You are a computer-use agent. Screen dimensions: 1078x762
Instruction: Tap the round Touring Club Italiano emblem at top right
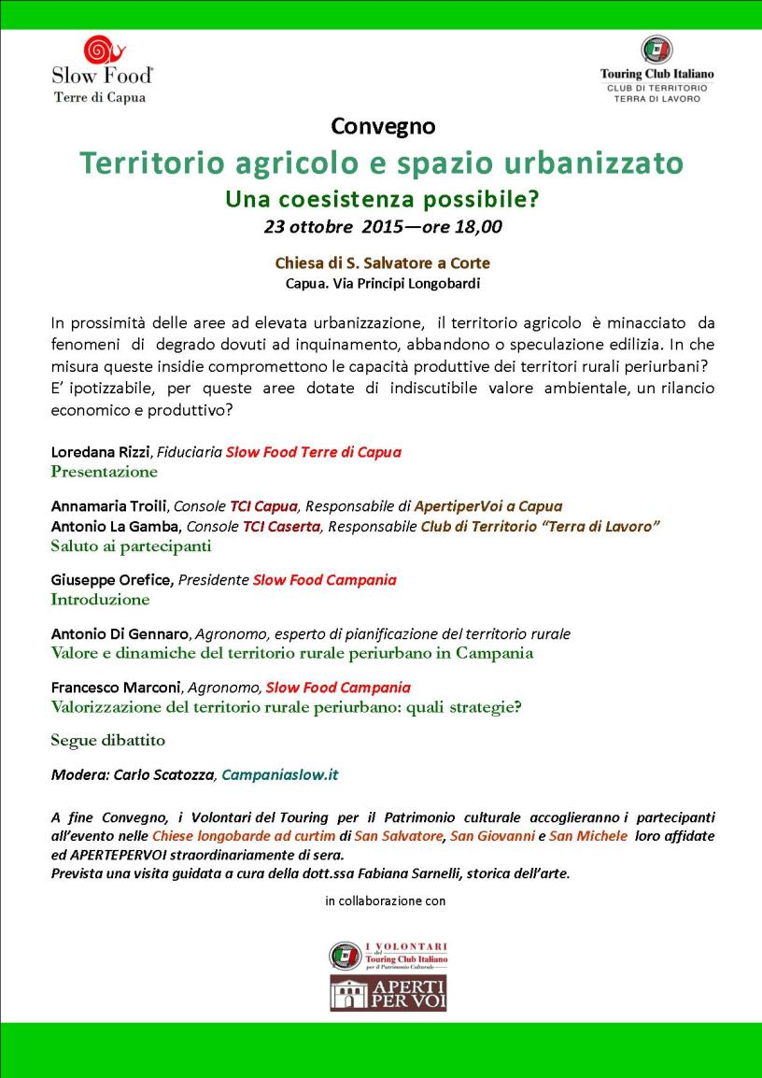coord(656,50)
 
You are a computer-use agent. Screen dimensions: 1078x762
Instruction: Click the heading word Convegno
coord(383,125)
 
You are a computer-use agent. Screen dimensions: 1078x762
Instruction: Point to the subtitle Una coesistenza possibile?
coord(383,199)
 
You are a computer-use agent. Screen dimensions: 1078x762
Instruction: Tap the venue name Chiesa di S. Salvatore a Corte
coord(383,263)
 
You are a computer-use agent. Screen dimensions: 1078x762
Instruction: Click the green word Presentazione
coord(105,472)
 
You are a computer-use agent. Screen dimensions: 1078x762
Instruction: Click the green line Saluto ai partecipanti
coord(131,546)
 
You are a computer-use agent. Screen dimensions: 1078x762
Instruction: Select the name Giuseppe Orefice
coord(111,580)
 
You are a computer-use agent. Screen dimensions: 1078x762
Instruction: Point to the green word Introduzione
coord(100,600)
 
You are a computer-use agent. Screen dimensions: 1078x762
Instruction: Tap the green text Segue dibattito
coord(107,741)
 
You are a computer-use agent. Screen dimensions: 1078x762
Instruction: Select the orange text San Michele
coord(588,835)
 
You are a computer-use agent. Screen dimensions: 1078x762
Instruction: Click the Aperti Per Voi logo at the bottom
coord(388,993)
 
